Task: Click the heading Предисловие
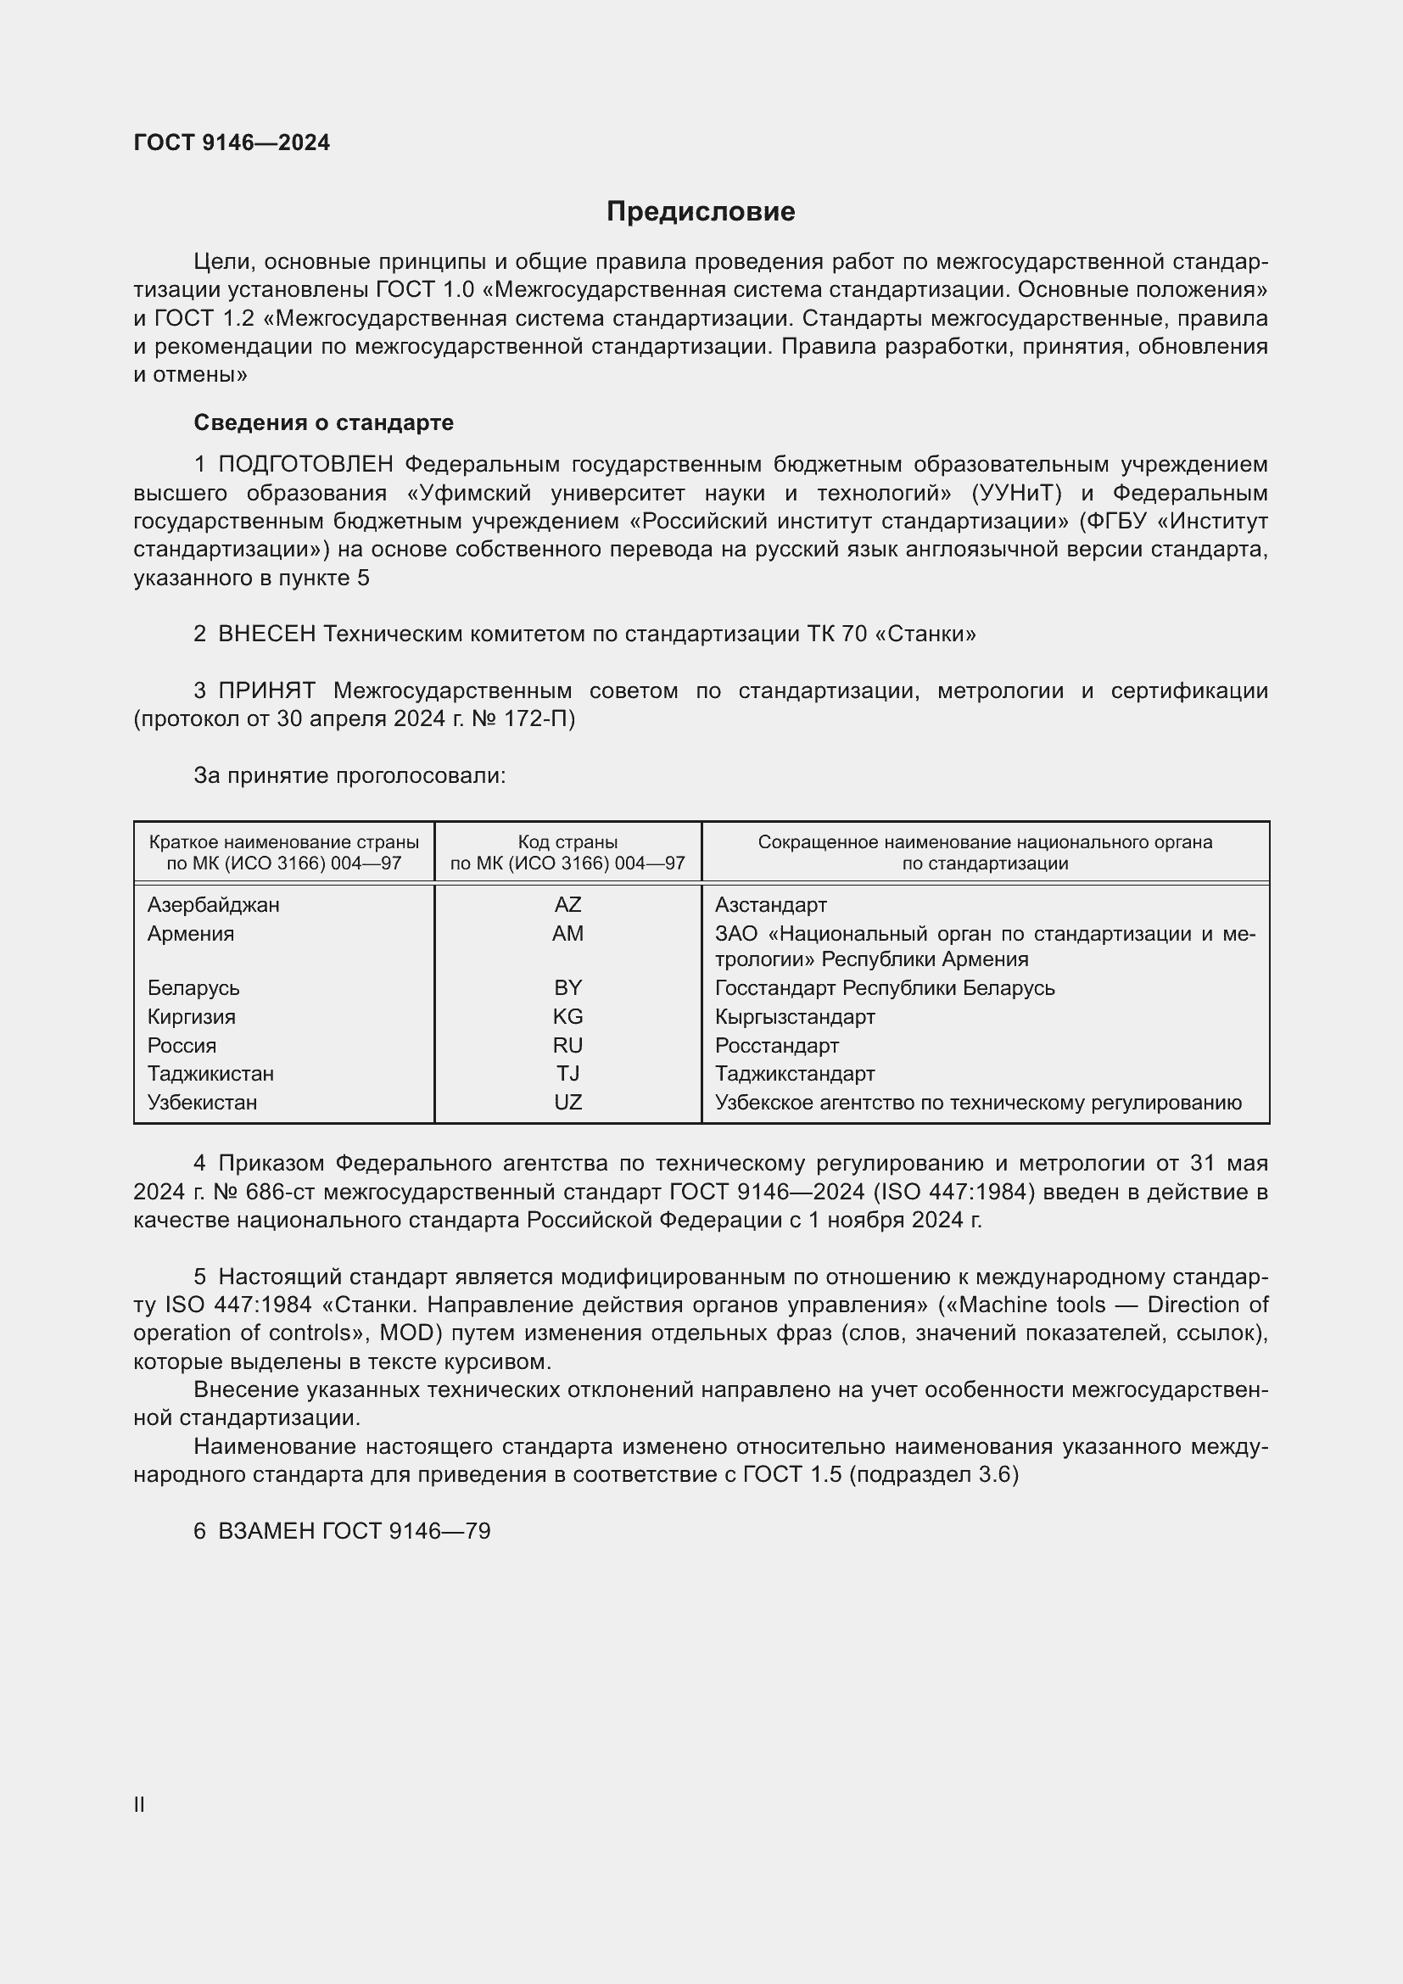700,212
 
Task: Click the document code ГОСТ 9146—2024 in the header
232,143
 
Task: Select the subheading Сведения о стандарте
323,422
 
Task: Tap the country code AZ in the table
567,905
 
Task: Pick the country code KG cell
567,1016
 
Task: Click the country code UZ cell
567,1102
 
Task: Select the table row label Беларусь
193,987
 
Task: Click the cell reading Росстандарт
777,1046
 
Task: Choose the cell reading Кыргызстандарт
795,1016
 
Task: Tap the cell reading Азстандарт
770,905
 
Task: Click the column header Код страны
567,841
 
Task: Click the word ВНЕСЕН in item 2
267,634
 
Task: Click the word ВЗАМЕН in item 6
267,1531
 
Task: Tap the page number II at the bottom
139,1805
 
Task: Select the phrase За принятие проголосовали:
349,776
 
